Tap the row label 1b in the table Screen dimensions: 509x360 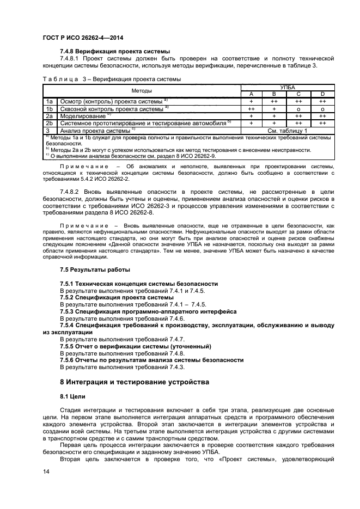tap(49, 108)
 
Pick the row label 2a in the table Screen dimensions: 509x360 tap(49, 116)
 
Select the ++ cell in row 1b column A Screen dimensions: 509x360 tap(252, 108)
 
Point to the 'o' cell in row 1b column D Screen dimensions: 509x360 tap(322, 108)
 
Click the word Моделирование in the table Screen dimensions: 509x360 tap(83, 116)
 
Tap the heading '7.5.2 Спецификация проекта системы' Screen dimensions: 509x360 tap(117, 298)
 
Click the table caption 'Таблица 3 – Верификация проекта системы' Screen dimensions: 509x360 tap(111, 79)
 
